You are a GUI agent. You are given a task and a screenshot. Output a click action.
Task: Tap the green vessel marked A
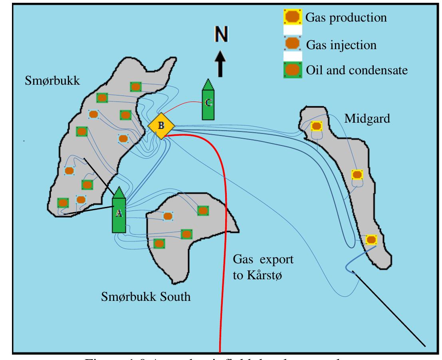pyautogui.click(x=119, y=212)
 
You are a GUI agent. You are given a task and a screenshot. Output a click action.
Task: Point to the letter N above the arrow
pyautogui.click(x=220, y=36)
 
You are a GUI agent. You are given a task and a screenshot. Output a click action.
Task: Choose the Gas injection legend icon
pyautogui.click(x=293, y=44)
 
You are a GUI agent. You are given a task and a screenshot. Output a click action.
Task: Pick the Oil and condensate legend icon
pyautogui.click(x=293, y=70)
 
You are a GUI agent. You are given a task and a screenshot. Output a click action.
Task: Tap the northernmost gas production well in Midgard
pyautogui.click(x=316, y=126)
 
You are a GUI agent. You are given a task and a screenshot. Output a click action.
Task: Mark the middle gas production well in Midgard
pyautogui.click(x=357, y=175)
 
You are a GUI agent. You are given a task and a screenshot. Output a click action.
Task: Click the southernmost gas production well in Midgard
pyautogui.click(x=371, y=240)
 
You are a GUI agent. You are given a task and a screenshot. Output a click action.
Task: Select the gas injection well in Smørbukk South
pyautogui.click(x=168, y=216)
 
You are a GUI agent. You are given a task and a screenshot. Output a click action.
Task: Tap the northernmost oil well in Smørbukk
pyautogui.click(x=136, y=87)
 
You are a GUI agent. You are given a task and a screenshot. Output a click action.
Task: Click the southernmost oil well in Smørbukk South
pyautogui.click(x=159, y=243)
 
